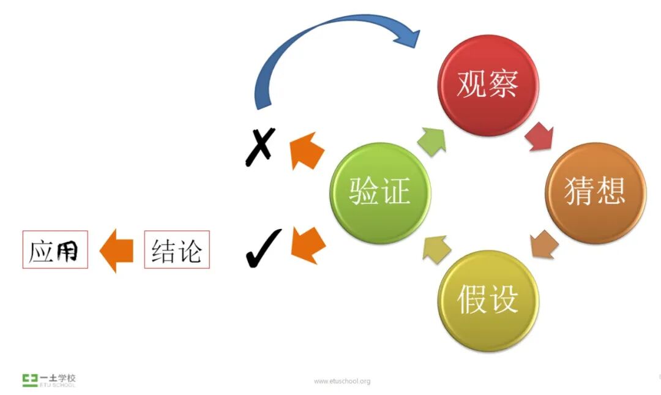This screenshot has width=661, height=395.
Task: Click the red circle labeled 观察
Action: point(488,85)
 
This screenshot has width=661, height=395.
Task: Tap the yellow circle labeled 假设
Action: point(488,300)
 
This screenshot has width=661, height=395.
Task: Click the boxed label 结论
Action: point(177,249)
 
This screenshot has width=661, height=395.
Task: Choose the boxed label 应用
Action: point(55,249)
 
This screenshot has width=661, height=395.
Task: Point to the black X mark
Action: point(260,146)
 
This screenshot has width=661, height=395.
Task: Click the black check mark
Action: point(263,248)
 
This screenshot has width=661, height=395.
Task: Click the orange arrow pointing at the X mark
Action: point(307,152)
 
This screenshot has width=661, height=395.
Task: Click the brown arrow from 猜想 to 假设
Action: point(544,244)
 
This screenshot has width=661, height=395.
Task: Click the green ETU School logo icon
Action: point(29,380)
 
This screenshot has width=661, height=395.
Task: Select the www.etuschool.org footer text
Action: point(342,382)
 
